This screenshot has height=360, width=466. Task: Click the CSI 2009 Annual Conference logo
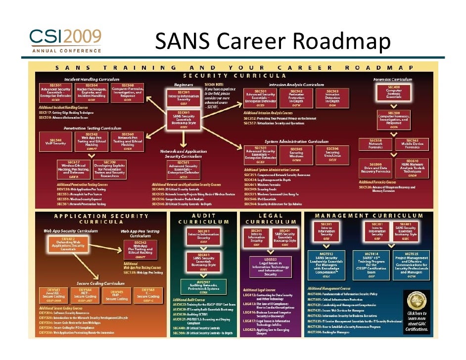[x=66, y=41]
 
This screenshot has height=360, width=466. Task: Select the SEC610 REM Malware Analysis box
[x=412, y=168]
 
